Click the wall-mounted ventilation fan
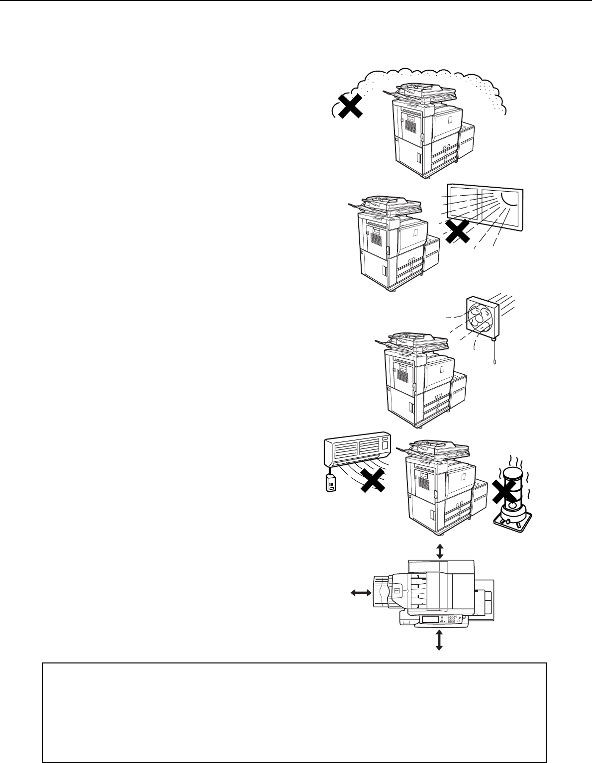483,319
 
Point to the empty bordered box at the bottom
294,712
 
